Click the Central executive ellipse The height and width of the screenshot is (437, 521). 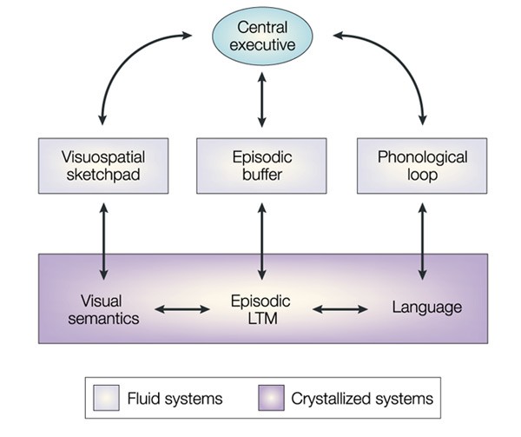tap(262, 36)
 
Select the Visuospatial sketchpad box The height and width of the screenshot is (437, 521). tap(103, 166)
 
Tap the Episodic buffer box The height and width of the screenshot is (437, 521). tap(261, 166)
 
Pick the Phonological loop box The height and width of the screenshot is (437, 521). tap(422, 166)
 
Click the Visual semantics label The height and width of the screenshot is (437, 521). tap(103, 309)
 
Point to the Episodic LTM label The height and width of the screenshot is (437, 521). tap(261, 309)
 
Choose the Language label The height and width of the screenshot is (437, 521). tap(427, 307)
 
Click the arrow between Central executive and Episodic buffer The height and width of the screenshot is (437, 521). tap(262, 100)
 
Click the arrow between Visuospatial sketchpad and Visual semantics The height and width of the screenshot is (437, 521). tap(104, 242)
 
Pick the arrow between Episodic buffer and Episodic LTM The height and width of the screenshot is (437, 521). tap(262, 242)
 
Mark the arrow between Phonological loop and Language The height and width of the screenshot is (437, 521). tap(423, 242)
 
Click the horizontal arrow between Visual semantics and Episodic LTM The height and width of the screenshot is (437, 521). tap(182, 309)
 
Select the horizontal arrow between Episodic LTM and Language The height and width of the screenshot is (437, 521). tap(340, 309)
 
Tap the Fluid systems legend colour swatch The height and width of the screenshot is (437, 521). tap(106, 398)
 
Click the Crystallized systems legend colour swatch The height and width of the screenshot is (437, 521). tap(271, 398)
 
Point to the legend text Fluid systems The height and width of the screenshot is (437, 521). tap(175, 399)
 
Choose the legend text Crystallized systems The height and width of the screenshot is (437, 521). tap(362, 399)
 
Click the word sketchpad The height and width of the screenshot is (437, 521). tap(103, 175)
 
